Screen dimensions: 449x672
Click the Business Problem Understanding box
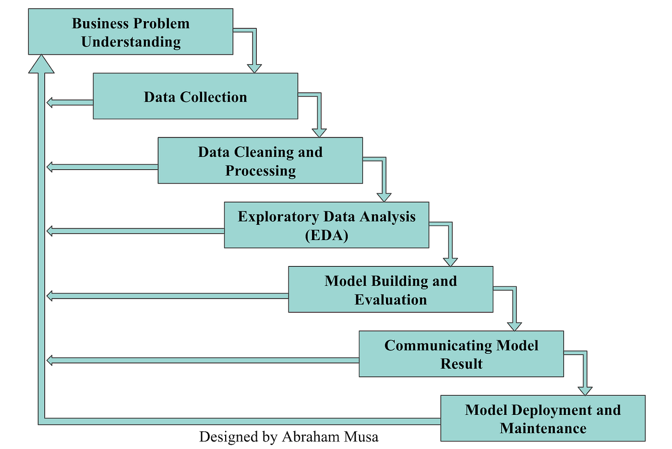(131, 32)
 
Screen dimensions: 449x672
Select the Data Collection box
(195, 96)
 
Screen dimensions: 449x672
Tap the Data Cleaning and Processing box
(260, 160)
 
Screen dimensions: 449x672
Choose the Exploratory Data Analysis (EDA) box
(326, 225)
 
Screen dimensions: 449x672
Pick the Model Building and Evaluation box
(390, 290)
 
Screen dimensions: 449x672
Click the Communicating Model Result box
(461, 354)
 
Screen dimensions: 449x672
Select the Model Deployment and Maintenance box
(542, 418)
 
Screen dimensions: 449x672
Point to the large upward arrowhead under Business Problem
(41, 65)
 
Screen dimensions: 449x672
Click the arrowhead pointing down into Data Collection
(254, 68)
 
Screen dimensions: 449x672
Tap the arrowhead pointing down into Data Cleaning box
(319, 133)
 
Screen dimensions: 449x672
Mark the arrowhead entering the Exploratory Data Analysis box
(384, 197)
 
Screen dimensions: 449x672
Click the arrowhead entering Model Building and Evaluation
(450, 262)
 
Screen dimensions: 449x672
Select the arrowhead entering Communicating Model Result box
(515, 326)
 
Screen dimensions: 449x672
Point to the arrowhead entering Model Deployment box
(585, 390)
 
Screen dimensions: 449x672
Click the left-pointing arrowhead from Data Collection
(50, 102)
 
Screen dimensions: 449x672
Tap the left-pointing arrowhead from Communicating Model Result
(50, 360)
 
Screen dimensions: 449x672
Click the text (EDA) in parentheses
(326, 235)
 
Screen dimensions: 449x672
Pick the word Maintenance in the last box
(542, 428)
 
